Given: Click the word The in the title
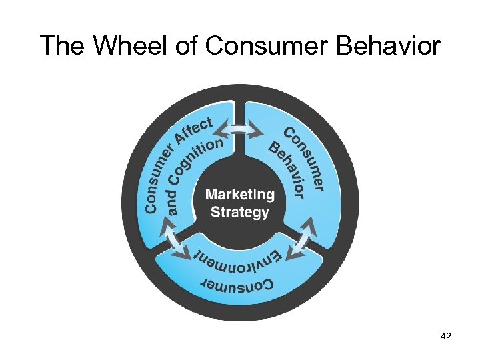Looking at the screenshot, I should tap(64, 46).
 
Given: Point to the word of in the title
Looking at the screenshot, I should tap(187, 46).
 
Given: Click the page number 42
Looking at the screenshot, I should tap(446, 337).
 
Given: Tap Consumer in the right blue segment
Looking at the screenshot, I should tap(305, 156).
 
